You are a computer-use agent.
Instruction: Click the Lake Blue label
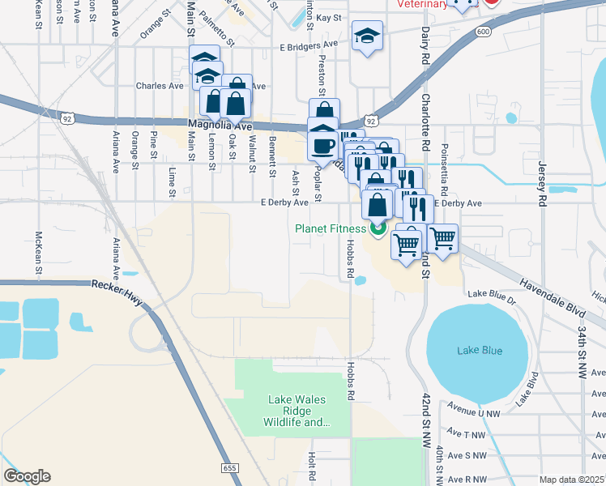pos(479,350)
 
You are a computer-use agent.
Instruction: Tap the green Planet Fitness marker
pos(378,229)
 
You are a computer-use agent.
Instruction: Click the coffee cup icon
pos(324,146)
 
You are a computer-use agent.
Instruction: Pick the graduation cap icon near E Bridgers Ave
pos(367,36)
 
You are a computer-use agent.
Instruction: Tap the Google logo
pos(27,476)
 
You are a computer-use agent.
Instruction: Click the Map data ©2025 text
pos(572,480)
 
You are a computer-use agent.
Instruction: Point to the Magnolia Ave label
pos(220,126)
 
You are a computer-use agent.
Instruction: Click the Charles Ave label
pos(160,86)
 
